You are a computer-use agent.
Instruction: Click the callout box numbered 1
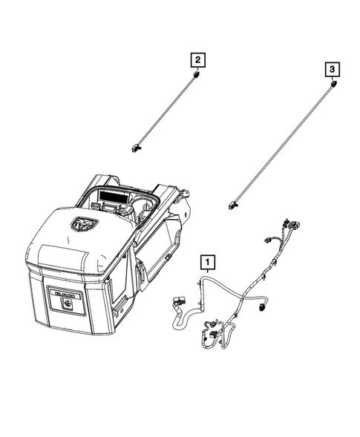pyautogui.click(x=209, y=261)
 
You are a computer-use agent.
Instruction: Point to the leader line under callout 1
pyautogui.click(x=208, y=274)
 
